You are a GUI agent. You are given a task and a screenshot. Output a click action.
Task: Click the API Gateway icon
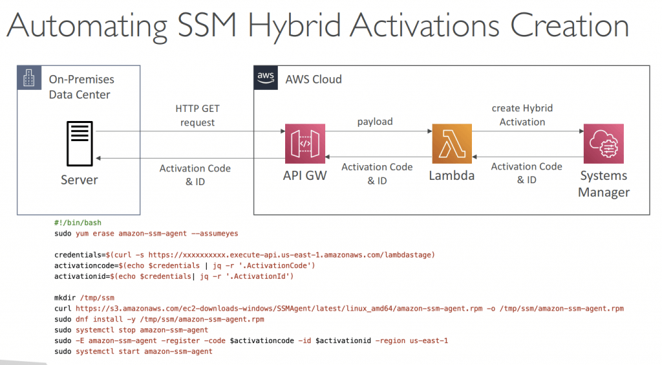click(305, 144)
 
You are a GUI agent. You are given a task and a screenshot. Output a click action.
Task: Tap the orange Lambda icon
click(452, 144)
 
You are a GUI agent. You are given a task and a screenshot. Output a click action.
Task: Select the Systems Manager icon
click(603, 144)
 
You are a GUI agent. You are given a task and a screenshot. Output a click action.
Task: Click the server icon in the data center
click(80, 144)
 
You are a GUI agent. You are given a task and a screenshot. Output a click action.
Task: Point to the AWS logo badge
click(266, 78)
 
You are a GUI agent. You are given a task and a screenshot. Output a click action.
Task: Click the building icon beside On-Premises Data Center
click(29, 78)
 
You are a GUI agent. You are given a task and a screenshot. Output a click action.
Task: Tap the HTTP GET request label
click(197, 115)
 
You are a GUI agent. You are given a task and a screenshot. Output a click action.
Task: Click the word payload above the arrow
click(375, 122)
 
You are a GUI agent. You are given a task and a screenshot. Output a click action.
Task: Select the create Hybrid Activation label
click(522, 115)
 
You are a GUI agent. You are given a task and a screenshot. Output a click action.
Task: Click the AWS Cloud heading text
click(314, 80)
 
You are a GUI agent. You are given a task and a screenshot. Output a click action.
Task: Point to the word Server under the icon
click(80, 180)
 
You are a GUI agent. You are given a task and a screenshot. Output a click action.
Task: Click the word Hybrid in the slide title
click(294, 26)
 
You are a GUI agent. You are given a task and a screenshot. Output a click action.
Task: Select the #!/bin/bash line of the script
click(78, 223)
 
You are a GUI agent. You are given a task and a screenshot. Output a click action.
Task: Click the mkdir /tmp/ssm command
click(85, 298)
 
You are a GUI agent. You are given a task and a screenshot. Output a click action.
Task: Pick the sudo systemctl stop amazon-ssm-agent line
click(131, 330)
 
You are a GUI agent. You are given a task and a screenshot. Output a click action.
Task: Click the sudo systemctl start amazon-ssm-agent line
click(133, 351)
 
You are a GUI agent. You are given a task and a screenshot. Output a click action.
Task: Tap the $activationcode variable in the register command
click(262, 340)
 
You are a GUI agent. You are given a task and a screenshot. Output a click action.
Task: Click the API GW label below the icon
click(305, 175)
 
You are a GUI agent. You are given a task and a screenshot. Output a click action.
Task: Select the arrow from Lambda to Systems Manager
click(528, 131)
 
